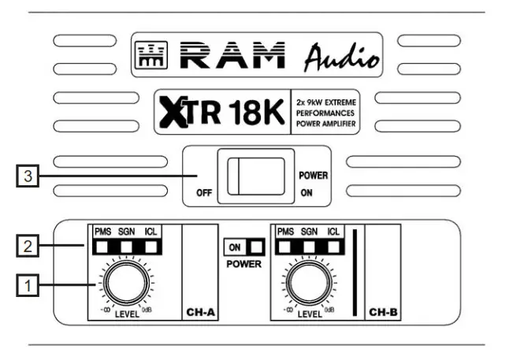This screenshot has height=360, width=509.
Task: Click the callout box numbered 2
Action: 28,246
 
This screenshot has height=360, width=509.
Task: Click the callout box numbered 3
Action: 28,177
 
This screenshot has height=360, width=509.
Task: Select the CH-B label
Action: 385,313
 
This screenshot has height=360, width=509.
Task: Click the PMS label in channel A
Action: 102,232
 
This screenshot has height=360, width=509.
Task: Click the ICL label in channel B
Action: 334,232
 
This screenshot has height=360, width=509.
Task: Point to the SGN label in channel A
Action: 127,232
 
